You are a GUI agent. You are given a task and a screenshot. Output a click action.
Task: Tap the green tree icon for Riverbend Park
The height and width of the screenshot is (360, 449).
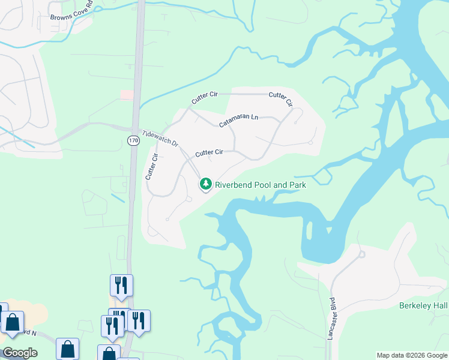coord(206,184)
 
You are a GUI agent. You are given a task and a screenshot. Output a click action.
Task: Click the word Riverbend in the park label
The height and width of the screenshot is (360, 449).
coord(235,185)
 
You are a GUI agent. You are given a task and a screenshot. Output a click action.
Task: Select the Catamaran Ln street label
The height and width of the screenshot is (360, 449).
coord(238,121)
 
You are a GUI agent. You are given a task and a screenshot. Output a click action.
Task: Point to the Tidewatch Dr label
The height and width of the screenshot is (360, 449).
coord(160,139)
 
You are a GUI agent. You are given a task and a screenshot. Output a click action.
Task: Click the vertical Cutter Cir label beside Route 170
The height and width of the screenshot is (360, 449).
coord(151,166)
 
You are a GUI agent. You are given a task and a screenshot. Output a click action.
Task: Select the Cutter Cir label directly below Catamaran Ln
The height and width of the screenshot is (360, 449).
coord(209,153)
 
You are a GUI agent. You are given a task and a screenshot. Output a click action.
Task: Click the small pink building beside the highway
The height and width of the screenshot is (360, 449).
coord(126,95)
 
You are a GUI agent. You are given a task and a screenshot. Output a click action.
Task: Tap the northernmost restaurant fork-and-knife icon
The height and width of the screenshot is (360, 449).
coord(121,286)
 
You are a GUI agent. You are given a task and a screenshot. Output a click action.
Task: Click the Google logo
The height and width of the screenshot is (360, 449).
coord(20,353)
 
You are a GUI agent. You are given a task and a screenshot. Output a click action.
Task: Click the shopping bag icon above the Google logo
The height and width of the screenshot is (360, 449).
coord(11,323)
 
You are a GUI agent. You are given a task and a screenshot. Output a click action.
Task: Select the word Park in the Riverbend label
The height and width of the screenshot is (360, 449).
coord(295,185)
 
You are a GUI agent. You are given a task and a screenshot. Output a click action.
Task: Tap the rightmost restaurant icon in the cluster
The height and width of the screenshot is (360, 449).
coord(139,321)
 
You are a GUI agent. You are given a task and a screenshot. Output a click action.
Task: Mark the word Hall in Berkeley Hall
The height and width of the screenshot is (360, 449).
coord(439,306)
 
